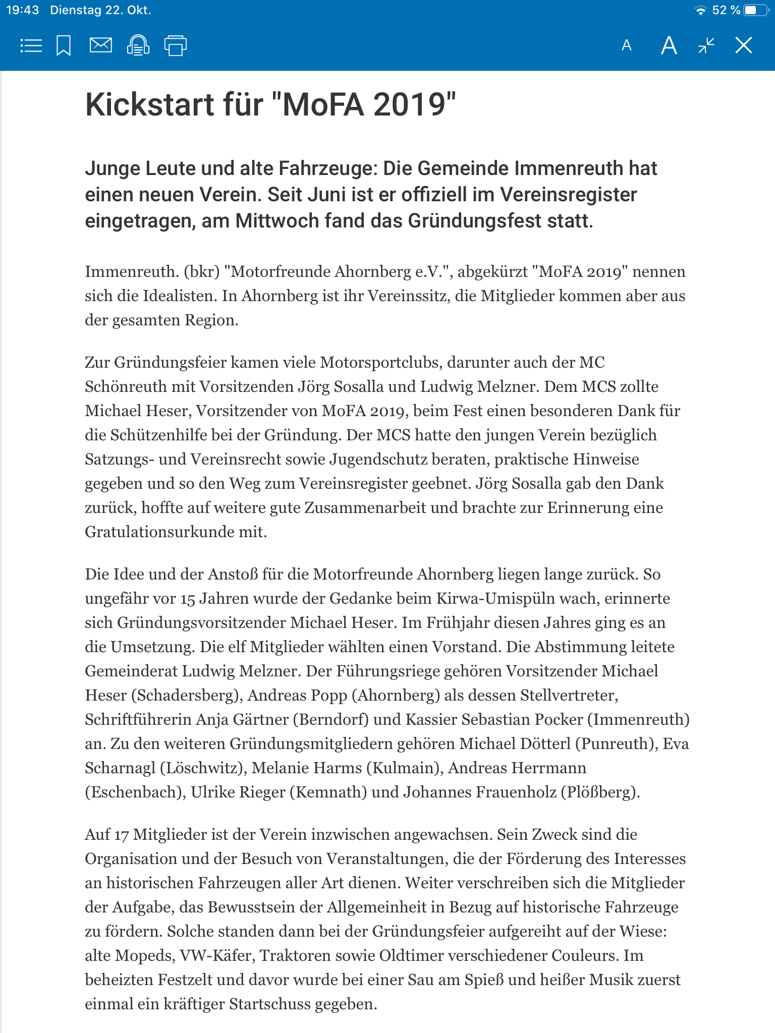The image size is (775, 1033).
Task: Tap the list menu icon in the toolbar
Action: [x=31, y=46]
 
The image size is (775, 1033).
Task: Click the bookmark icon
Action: [x=64, y=46]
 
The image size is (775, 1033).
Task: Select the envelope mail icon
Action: [x=100, y=45]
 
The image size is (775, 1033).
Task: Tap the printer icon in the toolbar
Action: [x=175, y=46]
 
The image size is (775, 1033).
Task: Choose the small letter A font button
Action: [x=627, y=46]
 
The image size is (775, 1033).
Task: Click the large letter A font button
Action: [x=669, y=45]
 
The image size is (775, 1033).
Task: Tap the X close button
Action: [x=743, y=45]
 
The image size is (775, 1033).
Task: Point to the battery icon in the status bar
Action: [x=755, y=10]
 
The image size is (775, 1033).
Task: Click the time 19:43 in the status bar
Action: [x=23, y=10]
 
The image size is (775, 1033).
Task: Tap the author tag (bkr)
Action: [x=202, y=272]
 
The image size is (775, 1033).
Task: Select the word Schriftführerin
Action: [x=138, y=720]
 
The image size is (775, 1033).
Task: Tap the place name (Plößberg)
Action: [x=600, y=792]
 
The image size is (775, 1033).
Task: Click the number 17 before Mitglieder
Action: [x=121, y=835]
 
